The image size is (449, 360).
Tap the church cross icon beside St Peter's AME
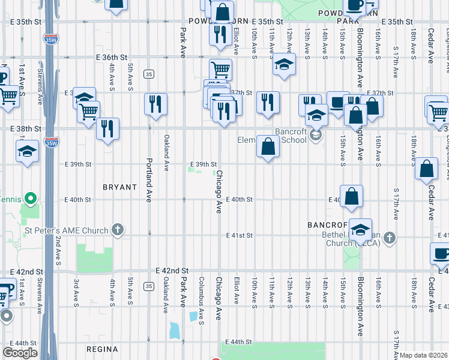[118, 230]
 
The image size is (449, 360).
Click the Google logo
[20, 353]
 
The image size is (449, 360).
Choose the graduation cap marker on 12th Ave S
[284, 65]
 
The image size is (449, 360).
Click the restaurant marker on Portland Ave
[155, 104]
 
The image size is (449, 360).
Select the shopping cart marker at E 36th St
[221, 70]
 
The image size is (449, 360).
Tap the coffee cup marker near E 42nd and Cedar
[442, 254]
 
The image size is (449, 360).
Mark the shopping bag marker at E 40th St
[352, 196]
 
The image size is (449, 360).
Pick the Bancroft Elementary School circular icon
[315, 136]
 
